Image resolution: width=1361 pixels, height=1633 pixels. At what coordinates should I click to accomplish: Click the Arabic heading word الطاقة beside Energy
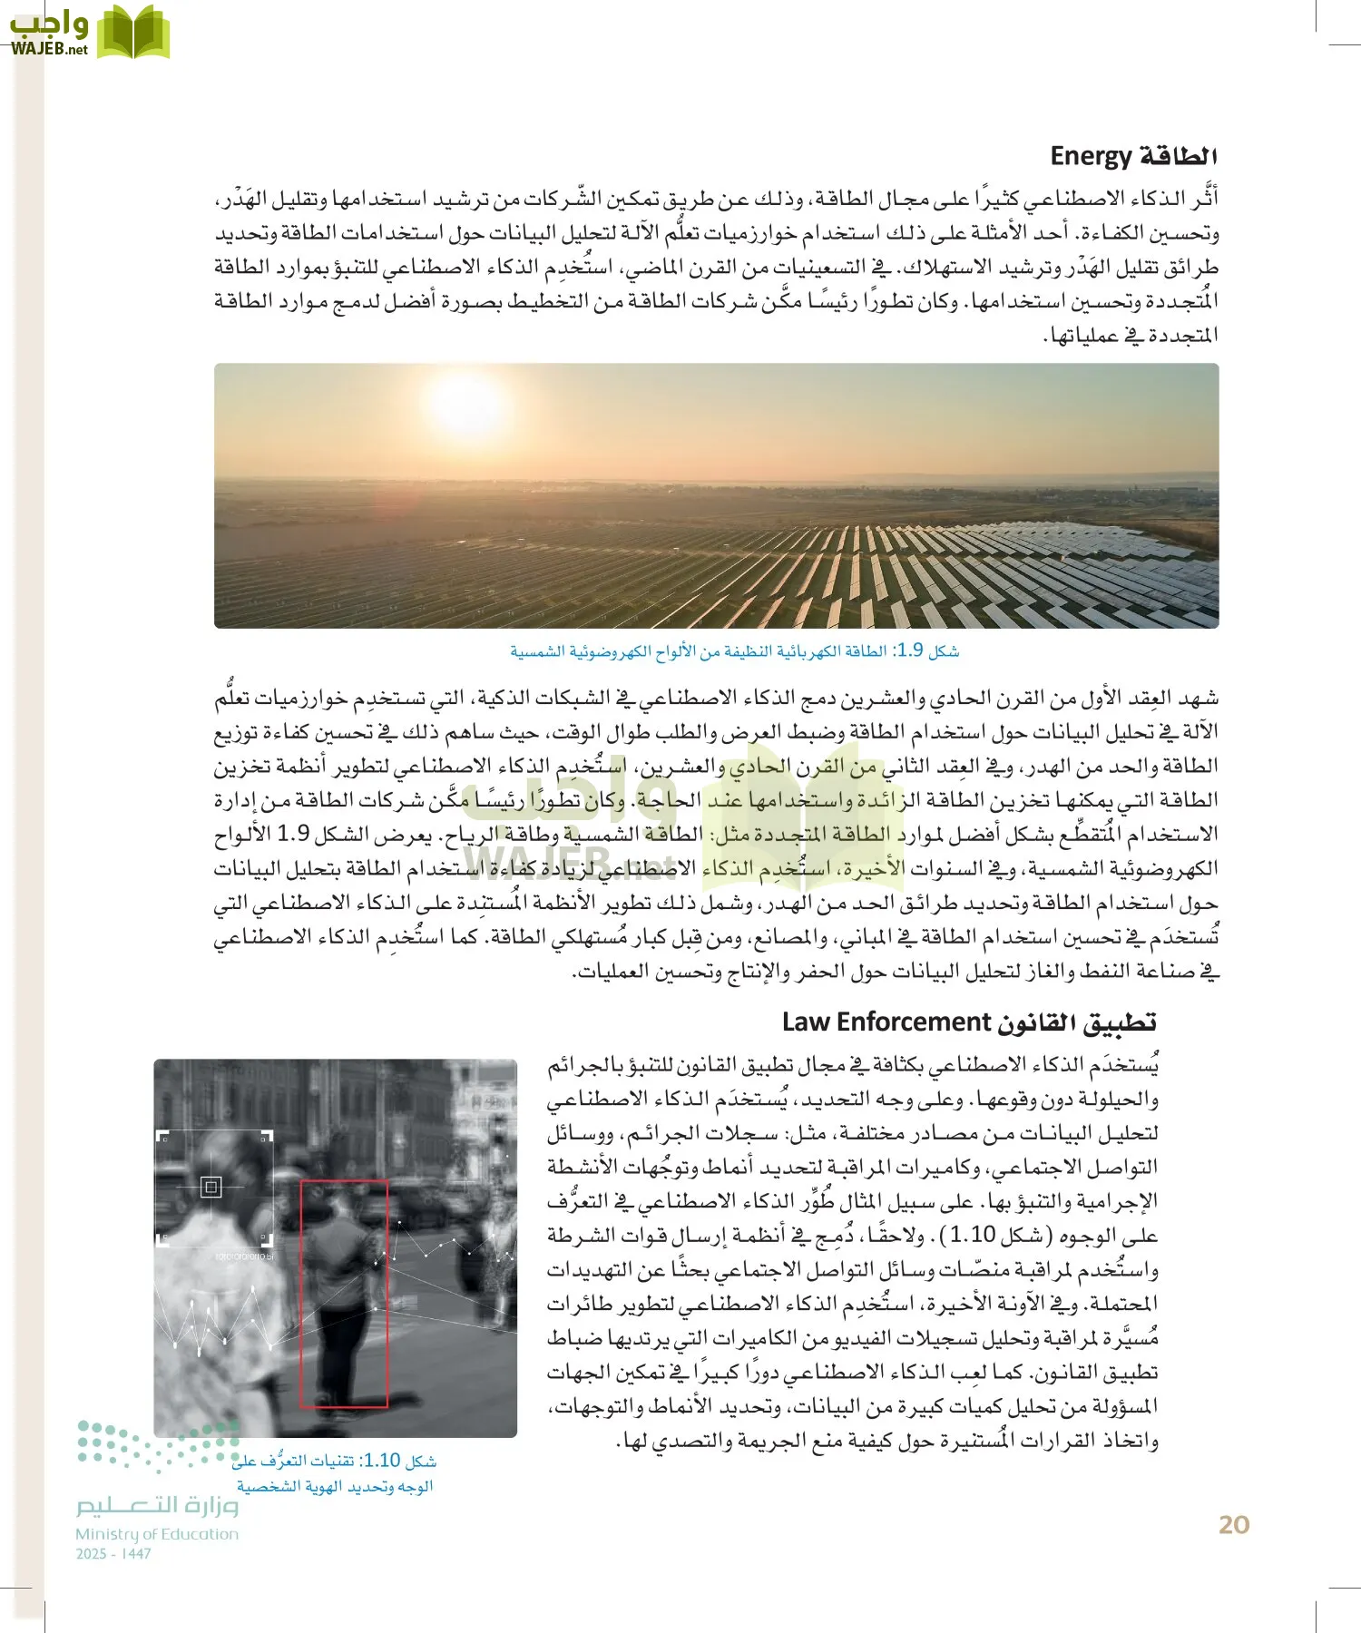click(1177, 156)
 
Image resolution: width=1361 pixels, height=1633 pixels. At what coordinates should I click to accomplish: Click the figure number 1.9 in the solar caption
click(910, 650)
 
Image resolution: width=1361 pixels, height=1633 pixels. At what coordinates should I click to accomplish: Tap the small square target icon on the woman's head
click(211, 1186)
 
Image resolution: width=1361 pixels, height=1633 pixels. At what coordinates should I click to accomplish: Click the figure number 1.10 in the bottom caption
click(382, 1460)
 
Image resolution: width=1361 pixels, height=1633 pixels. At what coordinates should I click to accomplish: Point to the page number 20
click(1234, 1525)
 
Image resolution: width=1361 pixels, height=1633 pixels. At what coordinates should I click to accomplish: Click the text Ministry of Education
click(157, 1534)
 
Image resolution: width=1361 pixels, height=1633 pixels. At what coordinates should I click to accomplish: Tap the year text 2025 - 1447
click(113, 1554)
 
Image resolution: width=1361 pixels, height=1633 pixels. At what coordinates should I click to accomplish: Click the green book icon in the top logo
click(133, 33)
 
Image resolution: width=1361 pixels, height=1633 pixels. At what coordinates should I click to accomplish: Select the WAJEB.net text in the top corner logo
click(49, 49)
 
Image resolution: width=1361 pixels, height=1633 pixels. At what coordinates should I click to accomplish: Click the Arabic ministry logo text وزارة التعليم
click(157, 1505)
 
